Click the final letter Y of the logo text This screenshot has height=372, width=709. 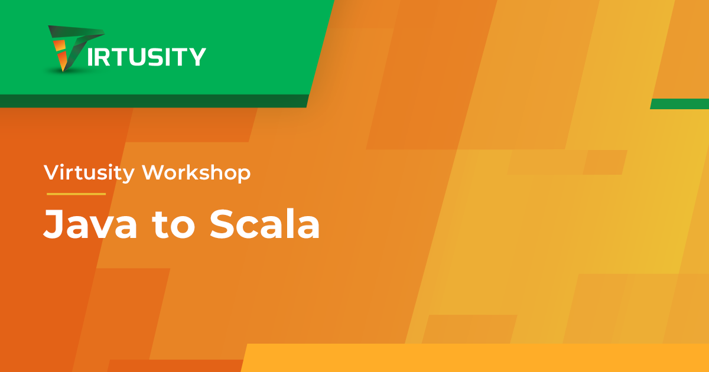pyautogui.click(x=197, y=57)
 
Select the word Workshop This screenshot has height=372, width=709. pyautogui.click(x=196, y=172)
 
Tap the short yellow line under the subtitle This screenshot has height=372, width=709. pyautogui.click(x=76, y=194)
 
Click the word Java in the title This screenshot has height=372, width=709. pyautogui.click(x=90, y=224)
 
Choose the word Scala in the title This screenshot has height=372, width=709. pyautogui.click(x=265, y=224)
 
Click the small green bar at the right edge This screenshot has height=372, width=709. pyautogui.click(x=680, y=104)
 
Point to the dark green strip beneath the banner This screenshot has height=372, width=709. pyautogui.click(x=154, y=101)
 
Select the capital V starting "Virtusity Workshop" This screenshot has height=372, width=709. pyautogui.click(x=53, y=172)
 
